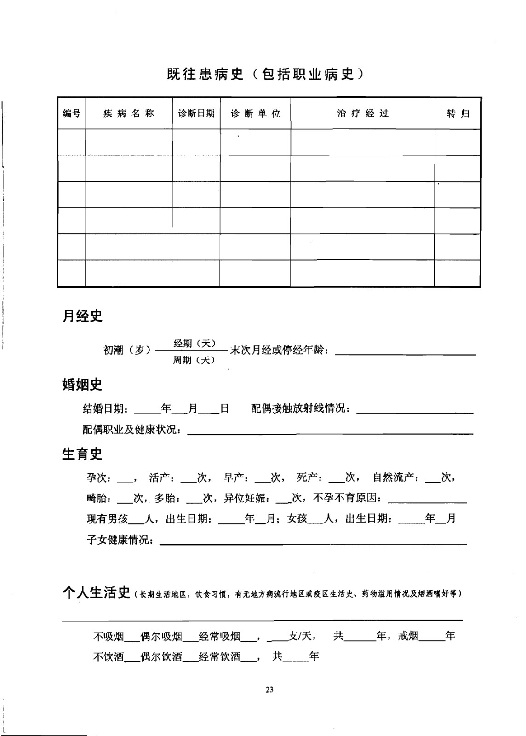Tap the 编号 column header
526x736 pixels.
point(72,114)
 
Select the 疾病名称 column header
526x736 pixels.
point(129,114)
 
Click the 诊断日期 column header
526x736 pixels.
point(196,114)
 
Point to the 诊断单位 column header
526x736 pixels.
point(255,114)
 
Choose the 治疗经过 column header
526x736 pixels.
point(363,114)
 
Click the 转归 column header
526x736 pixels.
point(458,114)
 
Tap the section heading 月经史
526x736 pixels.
point(82,316)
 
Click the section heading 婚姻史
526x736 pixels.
point(82,385)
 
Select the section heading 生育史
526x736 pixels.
point(82,454)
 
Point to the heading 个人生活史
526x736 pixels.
point(97,593)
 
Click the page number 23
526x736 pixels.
point(269,690)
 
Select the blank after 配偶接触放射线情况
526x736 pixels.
point(415,411)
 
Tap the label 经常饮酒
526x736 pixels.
point(220,656)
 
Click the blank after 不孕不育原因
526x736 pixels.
point(427,500)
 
